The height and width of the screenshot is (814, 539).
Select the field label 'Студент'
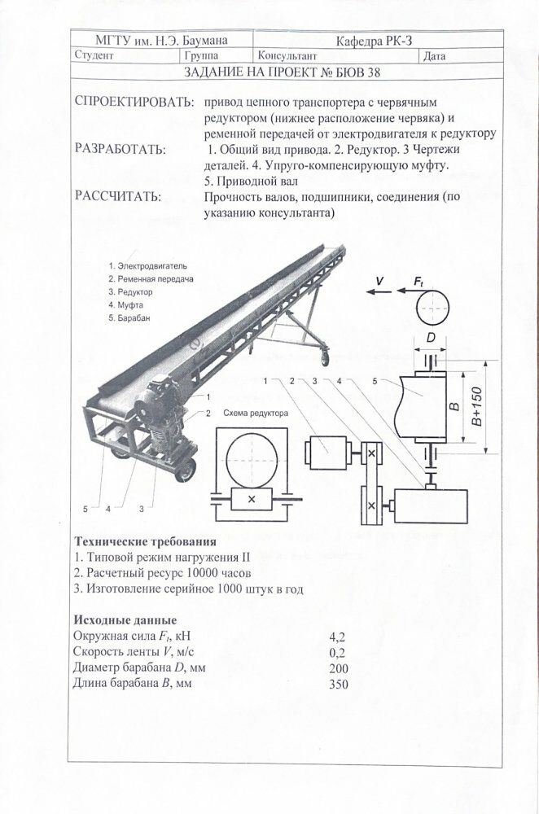(x=94, y=56)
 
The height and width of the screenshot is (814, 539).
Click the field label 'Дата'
(x=435, y=56)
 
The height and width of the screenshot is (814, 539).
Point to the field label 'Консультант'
(x=287, y=56)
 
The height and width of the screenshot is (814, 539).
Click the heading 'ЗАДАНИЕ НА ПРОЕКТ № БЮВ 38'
(x=283, y=72)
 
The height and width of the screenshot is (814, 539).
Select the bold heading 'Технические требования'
(x=145, y=541)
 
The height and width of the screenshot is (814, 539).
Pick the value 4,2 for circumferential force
(x=338, y=635)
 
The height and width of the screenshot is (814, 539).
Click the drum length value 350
(x=338, y=684)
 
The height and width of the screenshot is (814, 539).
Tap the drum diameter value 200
(x=338, y=668)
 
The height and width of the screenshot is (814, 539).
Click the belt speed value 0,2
(x=338, y=651)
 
